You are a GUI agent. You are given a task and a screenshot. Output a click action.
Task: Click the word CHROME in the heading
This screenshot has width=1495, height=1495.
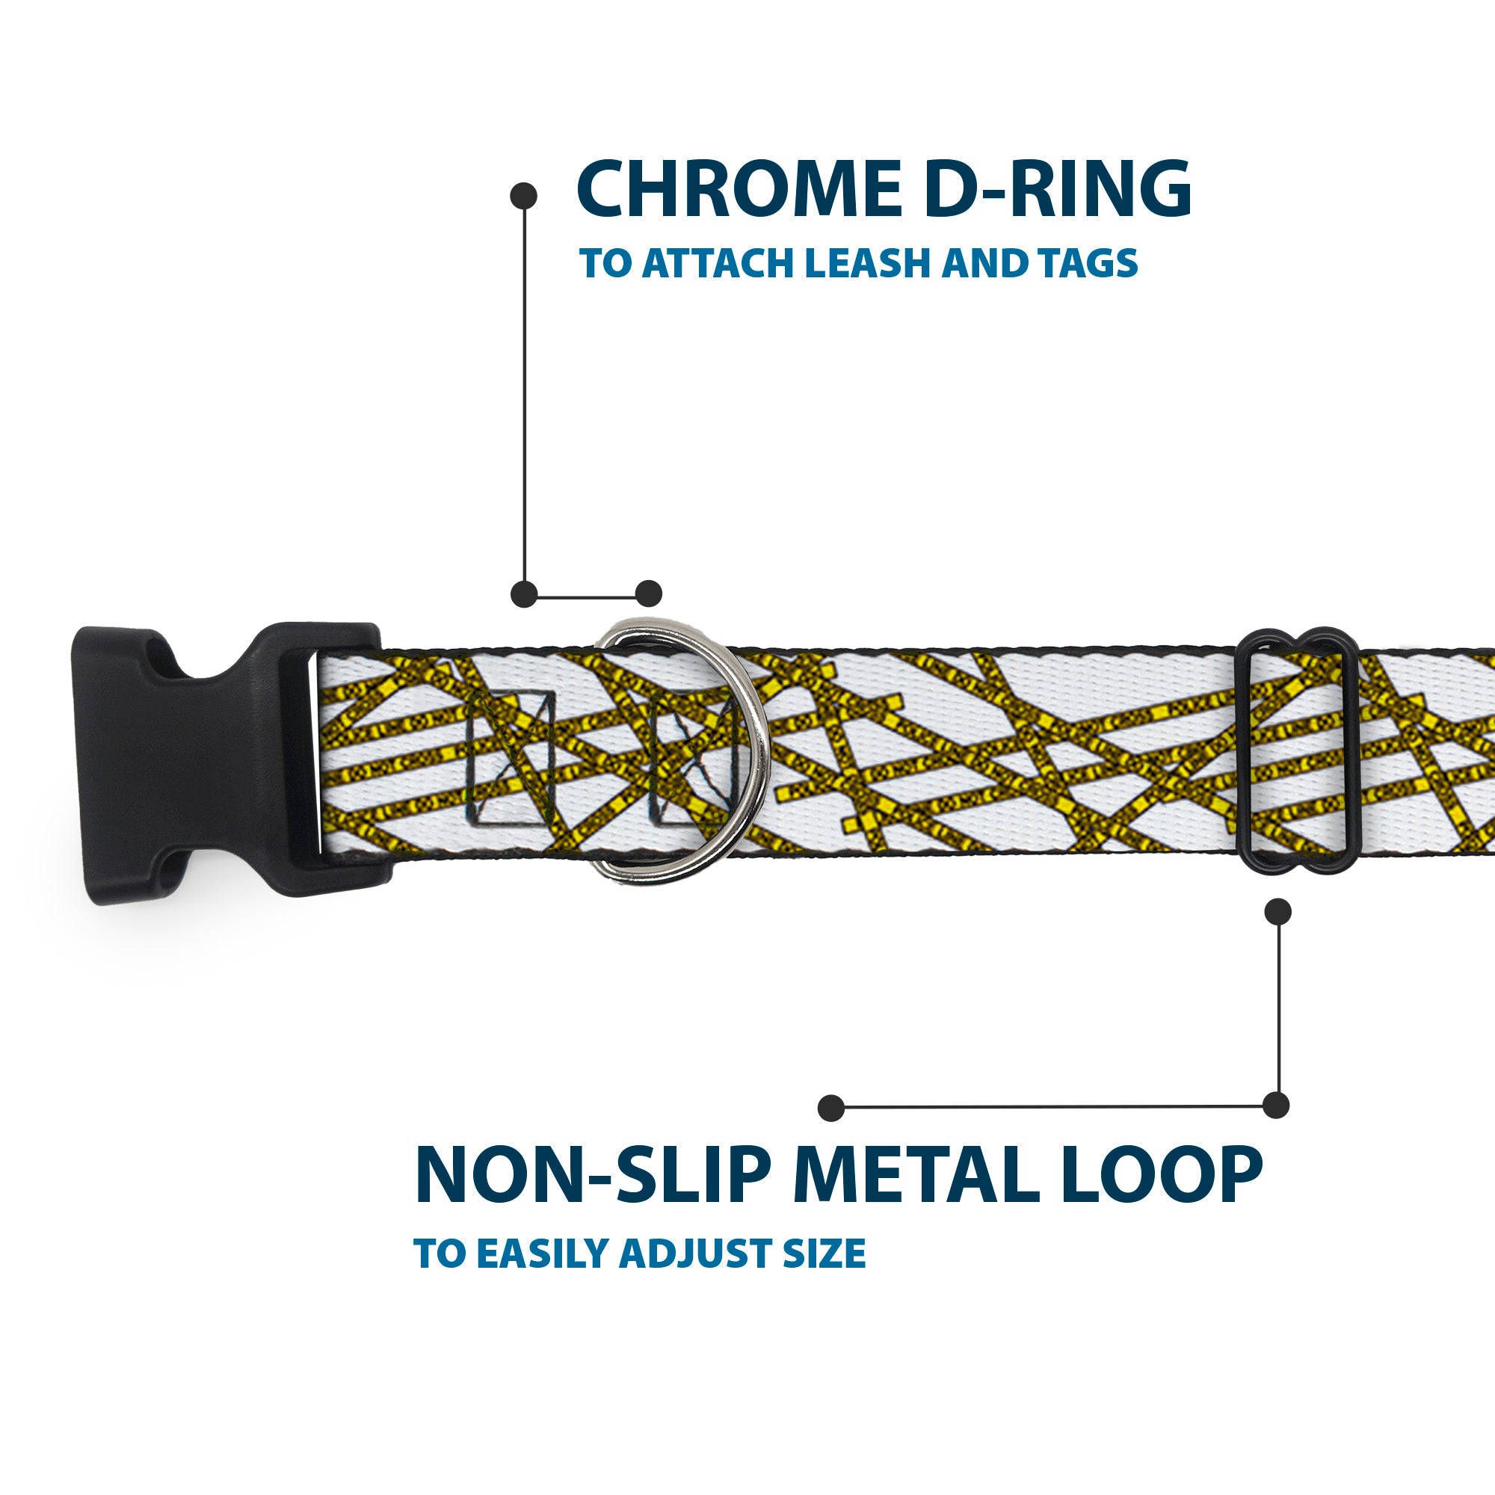pyautogui.click(x=737, y=191)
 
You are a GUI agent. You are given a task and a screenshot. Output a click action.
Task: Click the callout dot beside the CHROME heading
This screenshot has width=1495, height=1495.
pyautogui.click(x=524, y=196)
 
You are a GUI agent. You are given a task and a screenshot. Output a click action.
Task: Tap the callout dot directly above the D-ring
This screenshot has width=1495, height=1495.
pyautogui.click(x=648, y=594)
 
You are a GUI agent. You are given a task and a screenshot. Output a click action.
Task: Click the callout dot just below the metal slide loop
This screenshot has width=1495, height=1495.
pyautogui.click(x=1277, y=911)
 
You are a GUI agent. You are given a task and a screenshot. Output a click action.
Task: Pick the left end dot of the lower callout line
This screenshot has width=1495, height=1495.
pyautogui.click(x=831, y=1107)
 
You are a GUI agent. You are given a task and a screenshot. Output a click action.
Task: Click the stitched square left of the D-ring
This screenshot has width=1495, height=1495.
pyautogui.click(x=511, y=760)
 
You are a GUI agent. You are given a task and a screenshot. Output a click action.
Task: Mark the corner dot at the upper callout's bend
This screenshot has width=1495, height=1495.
pyautogui.click(x=525, y=594)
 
